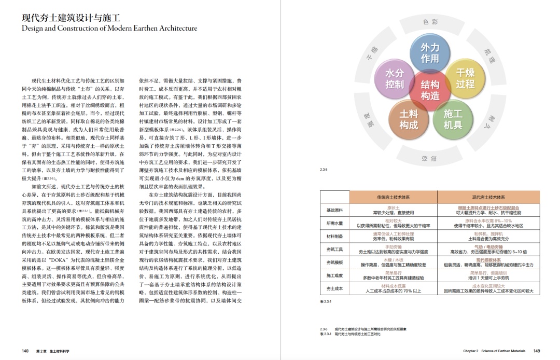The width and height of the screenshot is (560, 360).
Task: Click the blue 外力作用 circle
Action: [x=430, y=53]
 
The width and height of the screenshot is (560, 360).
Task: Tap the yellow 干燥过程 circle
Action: [x=465, y=78]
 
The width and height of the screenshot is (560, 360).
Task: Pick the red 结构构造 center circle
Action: [x=430, y=90]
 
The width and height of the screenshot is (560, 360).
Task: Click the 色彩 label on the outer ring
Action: [x=430, y=22]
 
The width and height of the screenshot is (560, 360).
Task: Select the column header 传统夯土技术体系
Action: [x=393, y=197]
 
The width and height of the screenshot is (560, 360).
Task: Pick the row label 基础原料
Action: [x=334, y=210]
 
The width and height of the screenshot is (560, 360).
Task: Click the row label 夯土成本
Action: [x=334, y=288]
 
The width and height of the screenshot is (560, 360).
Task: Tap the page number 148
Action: [x=25, y=351]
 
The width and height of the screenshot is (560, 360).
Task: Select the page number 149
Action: [x=537, y=351]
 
